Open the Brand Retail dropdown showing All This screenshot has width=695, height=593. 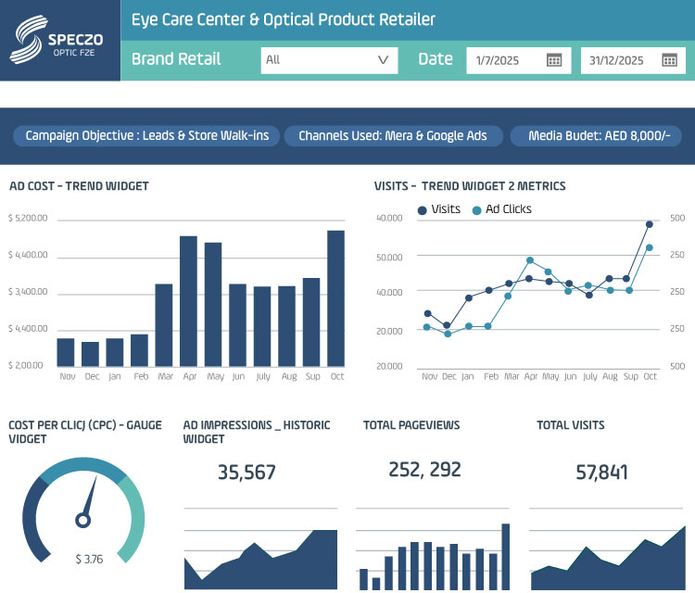click(x=329, y=60)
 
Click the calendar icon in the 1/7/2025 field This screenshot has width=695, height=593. click(x=554, y=60)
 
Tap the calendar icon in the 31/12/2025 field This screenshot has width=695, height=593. click(x=669, y=60)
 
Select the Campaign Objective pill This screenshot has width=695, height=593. click(x=146, y=136)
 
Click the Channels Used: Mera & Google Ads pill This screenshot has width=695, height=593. click(x=392, y=136)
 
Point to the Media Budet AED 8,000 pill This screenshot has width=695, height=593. click(x=596, y=136)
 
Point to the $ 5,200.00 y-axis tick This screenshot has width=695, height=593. click(x=27, y=219)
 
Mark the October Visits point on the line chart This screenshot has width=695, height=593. click(x=650, y=224)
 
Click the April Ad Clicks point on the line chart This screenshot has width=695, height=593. click(x=530, y=260)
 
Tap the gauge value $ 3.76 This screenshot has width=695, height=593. click(x=89, y=559)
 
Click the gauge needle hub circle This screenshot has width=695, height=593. click(x=82, y=521)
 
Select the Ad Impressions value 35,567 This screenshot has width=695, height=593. click(x=246, y=473)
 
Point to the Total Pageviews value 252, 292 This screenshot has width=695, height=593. click(x=424, y=470)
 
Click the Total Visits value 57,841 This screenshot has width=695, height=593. click(x=601, y=473)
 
